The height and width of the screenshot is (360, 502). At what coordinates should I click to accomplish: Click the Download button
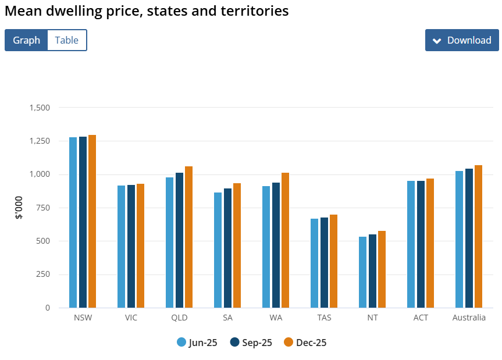462,40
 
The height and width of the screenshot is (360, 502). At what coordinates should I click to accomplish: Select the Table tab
66,40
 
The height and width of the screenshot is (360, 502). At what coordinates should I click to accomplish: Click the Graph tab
26,40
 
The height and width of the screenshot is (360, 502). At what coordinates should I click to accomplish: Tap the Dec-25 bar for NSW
92,221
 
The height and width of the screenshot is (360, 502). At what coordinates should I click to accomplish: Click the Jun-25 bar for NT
363,272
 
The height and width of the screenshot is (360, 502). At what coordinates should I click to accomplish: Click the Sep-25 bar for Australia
469,238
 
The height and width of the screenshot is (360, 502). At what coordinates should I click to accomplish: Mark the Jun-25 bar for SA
218,250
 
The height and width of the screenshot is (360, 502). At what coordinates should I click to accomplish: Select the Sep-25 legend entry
251,343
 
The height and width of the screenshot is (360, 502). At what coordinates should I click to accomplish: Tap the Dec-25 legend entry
305,343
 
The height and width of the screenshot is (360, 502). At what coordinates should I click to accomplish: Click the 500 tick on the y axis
44,241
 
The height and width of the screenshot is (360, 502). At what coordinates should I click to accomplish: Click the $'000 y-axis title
19,208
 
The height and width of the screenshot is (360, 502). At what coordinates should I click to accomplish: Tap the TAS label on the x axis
324,318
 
